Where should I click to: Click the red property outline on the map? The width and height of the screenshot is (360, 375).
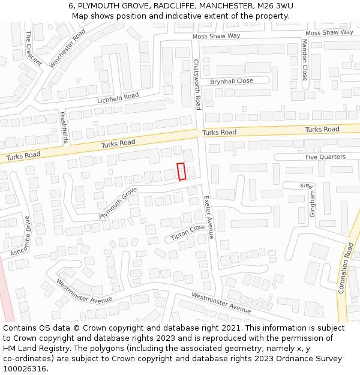coord(181,171)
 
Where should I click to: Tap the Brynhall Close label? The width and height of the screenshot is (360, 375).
coord(231,81)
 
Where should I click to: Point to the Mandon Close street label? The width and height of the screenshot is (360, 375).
coord(305,60)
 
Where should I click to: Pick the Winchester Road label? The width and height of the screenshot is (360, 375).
coord(68,49)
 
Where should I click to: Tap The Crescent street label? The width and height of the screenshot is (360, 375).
coord(34,49)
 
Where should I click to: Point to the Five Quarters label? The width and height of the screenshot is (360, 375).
coord(325,157)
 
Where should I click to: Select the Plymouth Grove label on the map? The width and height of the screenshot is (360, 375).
coord(118,203)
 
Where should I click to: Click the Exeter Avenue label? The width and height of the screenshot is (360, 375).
coord(209,217)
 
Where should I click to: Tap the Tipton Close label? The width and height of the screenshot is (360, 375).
coord(188,232)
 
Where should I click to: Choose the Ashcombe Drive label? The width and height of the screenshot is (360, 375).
coord(19,237)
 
